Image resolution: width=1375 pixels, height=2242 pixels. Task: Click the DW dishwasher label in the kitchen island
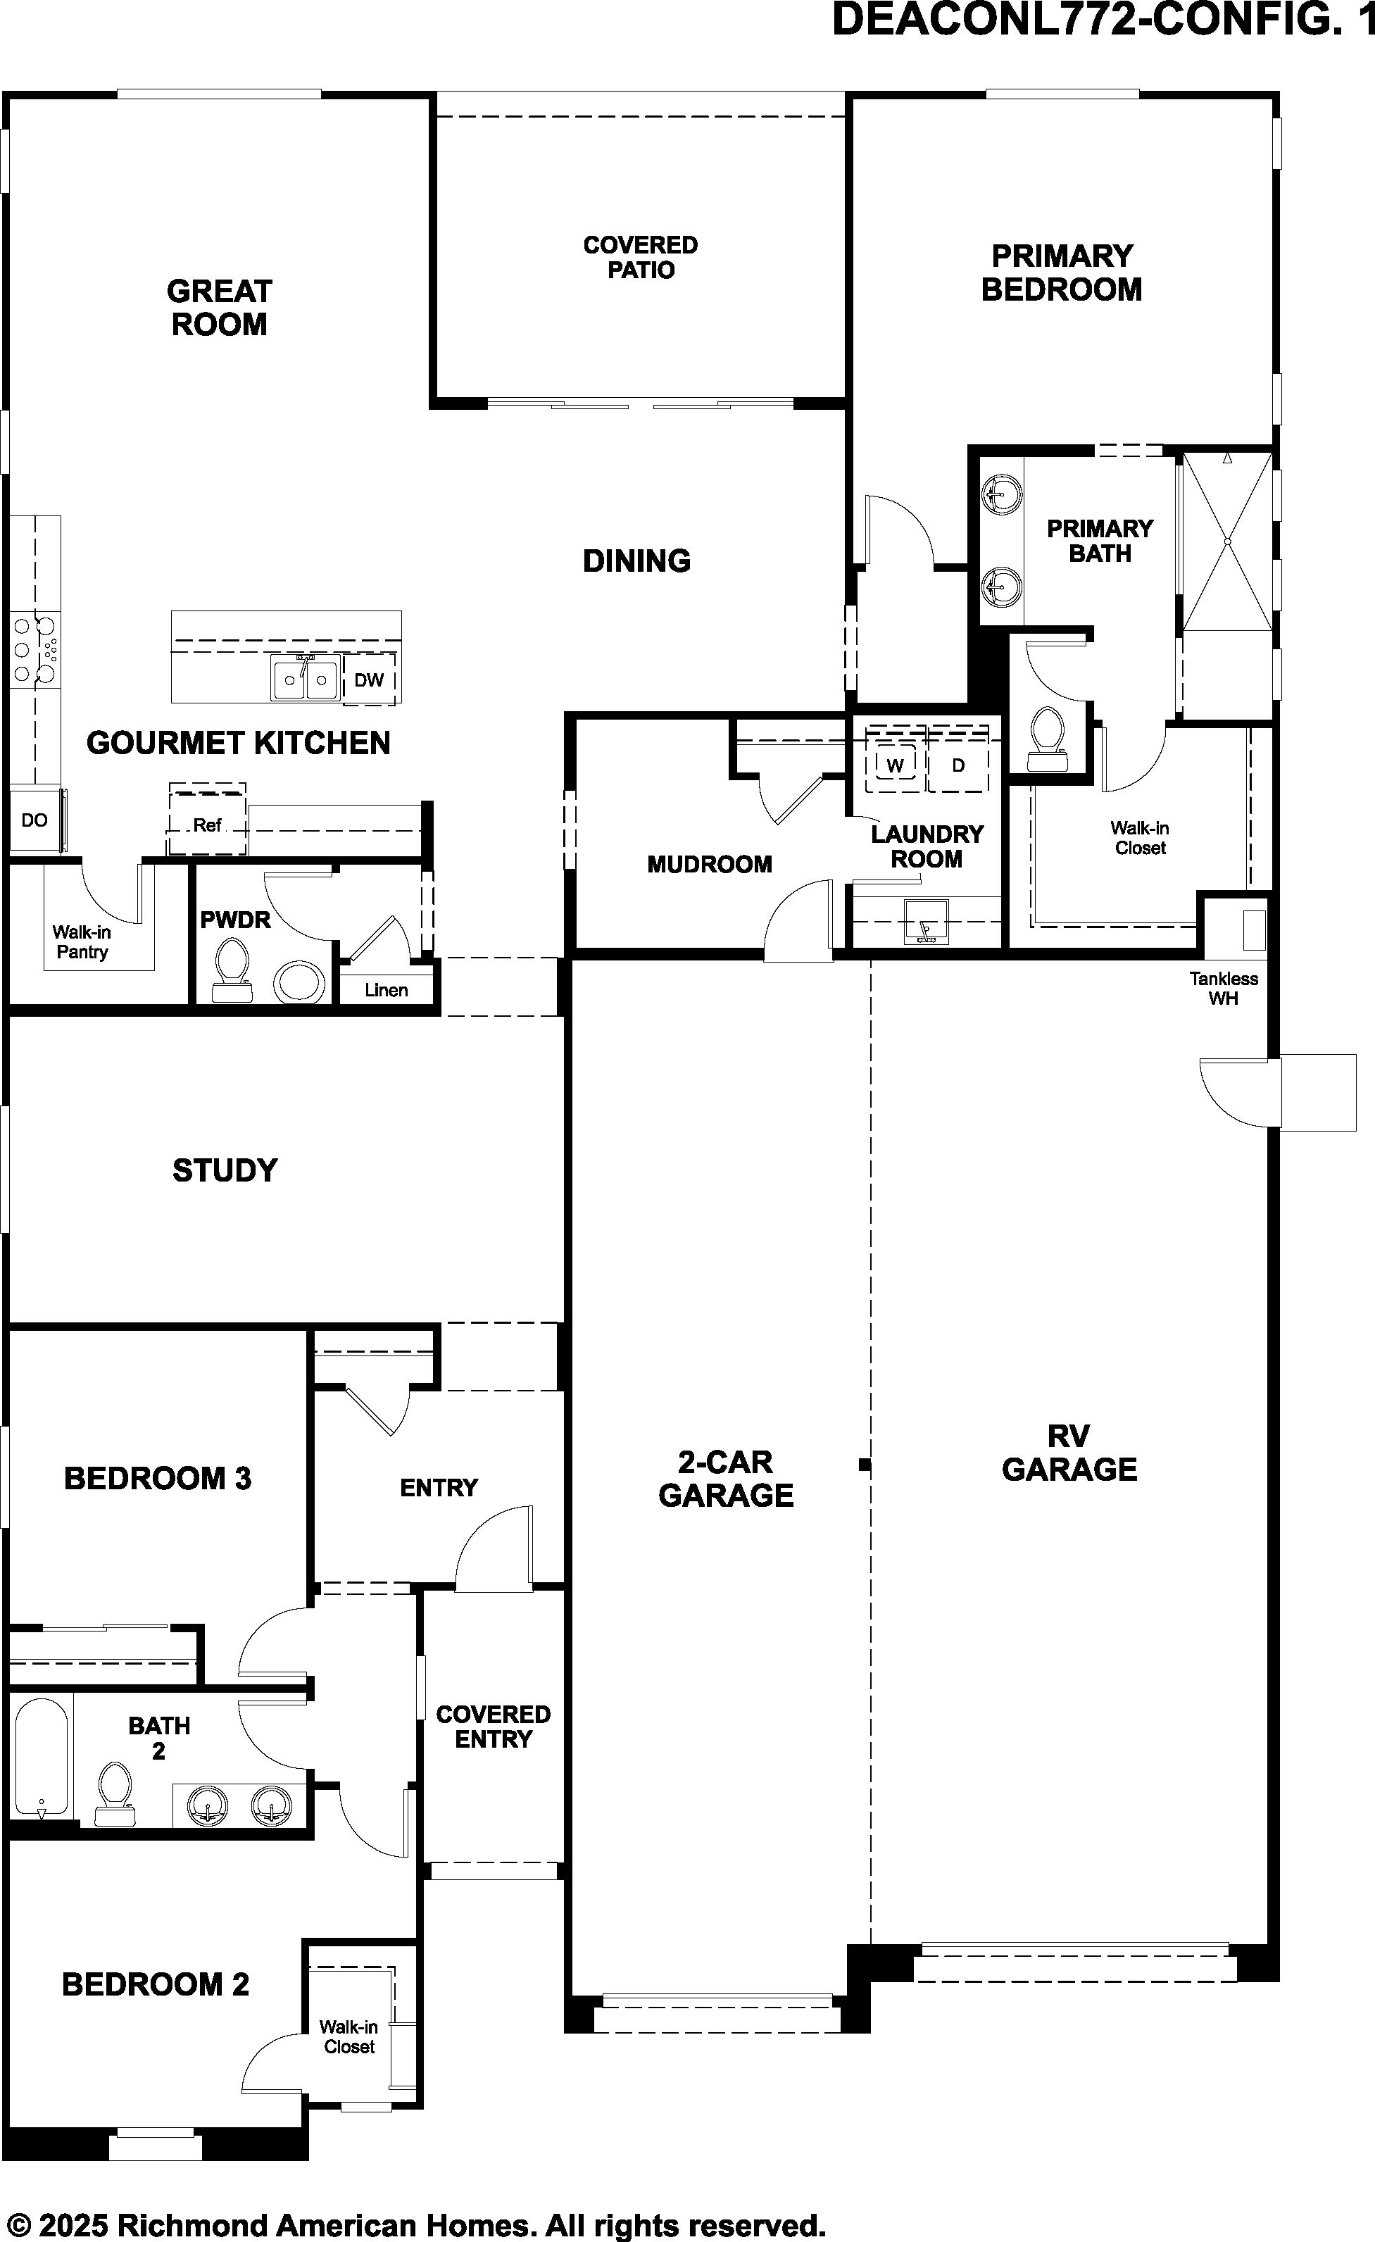tap(368, 680)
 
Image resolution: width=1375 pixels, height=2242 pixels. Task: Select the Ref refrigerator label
tap(208, 825)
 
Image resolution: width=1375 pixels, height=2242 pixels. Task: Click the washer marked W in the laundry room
tap(896, 764)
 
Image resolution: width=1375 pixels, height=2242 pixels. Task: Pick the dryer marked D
tap(958, 764)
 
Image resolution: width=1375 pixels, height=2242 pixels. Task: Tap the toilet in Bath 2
tap(115, 1793)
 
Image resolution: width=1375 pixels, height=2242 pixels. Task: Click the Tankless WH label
tap(1223, 988)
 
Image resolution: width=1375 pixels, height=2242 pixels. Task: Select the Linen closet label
tap(386, 990)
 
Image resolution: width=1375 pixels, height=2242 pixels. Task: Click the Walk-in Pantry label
tap(82, 941)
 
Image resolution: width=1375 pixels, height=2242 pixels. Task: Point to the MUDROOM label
tap(709, 865)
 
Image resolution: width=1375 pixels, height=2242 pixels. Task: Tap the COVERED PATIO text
tap(641, 258)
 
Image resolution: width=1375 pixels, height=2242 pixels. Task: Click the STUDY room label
tap(225, 1170)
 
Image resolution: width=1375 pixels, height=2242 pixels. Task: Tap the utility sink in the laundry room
tap(925, 921)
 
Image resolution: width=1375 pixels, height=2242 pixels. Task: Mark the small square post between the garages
tap(865, 1465)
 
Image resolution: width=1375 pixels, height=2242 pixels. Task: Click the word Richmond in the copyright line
tap(194, 2227)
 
